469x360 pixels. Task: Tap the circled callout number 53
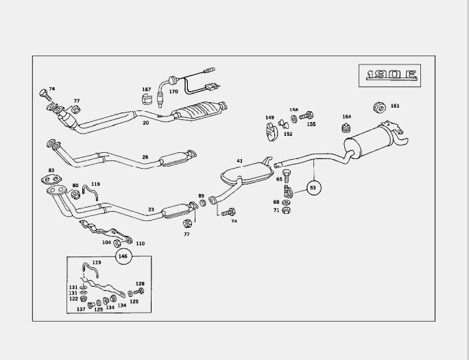313,187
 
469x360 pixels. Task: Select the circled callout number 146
123,256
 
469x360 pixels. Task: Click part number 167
146,89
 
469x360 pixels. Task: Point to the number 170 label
173,91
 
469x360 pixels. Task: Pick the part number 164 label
346,116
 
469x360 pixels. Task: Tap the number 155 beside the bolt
311,124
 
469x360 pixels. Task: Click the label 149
269,117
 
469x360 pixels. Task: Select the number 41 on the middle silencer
240,161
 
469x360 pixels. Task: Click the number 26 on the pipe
145,157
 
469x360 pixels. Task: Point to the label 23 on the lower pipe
151,210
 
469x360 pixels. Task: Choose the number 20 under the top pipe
145,123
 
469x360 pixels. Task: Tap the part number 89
201,196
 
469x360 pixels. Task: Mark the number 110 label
140,243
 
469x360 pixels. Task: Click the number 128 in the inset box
140,283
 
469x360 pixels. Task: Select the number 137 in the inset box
81,309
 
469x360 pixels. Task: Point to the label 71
276,210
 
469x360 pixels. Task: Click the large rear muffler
374,142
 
